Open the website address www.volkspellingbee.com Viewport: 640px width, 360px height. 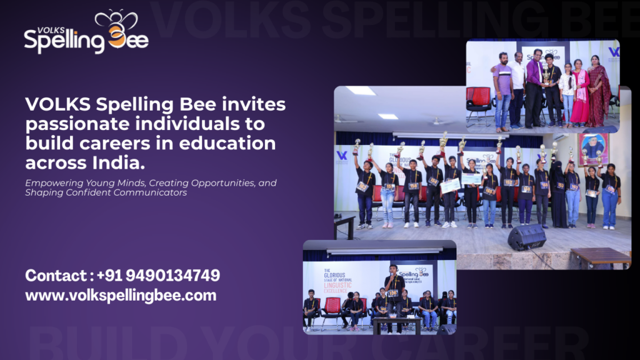121,295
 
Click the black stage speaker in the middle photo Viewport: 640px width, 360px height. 526,237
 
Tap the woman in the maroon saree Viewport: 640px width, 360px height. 598,94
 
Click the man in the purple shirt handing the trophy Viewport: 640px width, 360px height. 534,87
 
